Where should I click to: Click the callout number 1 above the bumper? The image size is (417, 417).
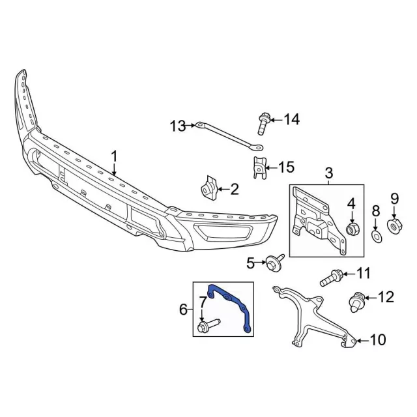[x=115, y=157]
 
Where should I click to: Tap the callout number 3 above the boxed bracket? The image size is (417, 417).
[x=328, y=173]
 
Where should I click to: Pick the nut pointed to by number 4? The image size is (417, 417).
[x=354, y=229]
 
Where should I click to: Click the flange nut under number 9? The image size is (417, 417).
[x=394, y=226]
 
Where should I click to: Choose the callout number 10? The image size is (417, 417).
[x=379, y=339]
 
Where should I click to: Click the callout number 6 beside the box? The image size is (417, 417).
[x=183, y=308]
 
